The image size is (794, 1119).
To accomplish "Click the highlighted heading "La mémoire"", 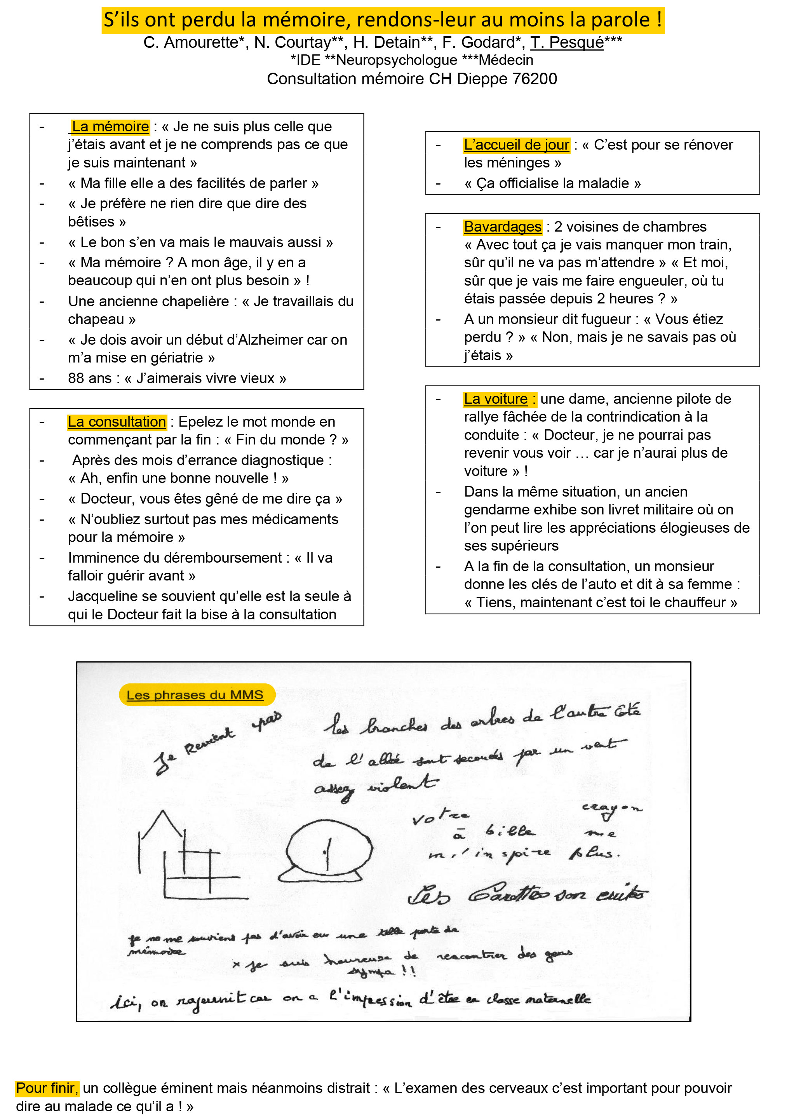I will tap(110, 127).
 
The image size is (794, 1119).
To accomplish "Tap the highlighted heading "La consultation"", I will tap(117, 422).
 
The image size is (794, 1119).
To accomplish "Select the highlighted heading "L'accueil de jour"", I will tap(516, 145).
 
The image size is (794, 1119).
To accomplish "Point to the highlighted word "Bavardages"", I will tap(503, 227).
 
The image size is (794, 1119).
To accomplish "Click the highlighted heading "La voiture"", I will tap(496, 399).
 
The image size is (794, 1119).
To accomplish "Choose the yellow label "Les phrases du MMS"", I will tap(195, 694).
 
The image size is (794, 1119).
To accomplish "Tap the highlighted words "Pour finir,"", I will tap(47, 1088).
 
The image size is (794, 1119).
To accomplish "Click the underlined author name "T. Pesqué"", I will tap(567, 43).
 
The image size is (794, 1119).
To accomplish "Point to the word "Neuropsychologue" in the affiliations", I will tap(397, 60).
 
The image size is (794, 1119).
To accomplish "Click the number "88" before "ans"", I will tap(76, 378).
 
